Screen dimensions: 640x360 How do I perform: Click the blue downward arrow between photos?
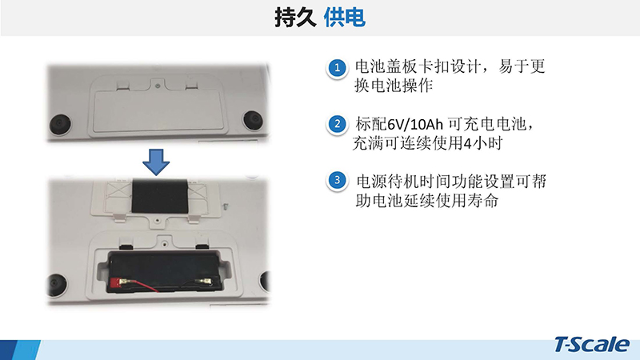156,162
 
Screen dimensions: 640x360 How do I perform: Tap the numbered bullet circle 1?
337,68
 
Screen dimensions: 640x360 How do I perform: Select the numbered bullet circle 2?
337,124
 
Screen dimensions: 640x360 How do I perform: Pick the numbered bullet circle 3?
337,180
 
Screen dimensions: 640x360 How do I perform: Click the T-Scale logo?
591,345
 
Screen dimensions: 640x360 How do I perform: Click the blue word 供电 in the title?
344,18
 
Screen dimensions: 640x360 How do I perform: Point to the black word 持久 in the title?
295,18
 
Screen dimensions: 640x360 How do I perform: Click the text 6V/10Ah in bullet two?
415,124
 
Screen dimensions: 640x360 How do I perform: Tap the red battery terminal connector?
116,282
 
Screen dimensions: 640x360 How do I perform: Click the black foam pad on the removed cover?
160,195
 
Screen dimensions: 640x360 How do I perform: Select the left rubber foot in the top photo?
60,124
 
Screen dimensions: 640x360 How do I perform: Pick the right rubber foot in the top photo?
253,119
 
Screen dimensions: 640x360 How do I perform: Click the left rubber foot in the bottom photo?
57,284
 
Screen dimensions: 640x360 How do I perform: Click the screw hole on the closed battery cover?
158,86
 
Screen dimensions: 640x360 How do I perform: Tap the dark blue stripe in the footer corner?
7,350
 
